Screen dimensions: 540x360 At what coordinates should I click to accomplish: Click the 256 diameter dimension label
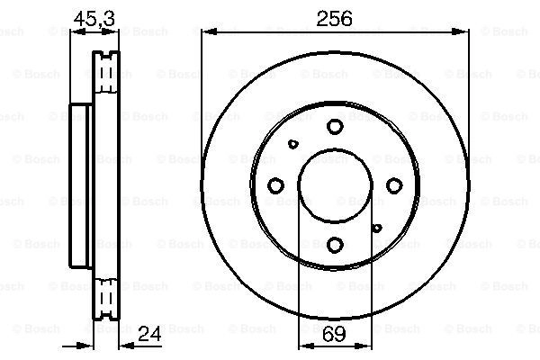(x=334, y=19)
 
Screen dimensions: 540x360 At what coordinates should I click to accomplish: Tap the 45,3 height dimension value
(x=94, y=19)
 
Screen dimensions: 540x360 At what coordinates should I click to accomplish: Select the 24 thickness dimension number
(x=149, y=334)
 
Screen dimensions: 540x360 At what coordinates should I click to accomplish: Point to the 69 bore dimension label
(x=334, y=334)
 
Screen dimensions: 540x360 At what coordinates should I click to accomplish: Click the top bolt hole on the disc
(x=335, y=126)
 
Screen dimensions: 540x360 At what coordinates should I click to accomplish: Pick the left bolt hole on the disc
(x=275, y=185)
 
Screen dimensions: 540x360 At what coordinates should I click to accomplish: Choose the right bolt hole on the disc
(x=394, y=185)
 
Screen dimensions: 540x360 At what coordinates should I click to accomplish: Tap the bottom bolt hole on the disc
(x=335, y=245)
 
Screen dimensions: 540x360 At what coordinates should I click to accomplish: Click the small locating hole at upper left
(x=293, y=144)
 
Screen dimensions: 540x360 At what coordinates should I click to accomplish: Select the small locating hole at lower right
(x=377, y=228)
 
